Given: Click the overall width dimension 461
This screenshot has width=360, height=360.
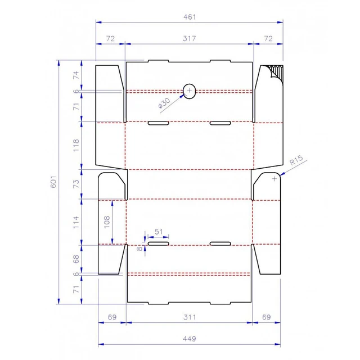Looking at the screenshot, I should (190, 17).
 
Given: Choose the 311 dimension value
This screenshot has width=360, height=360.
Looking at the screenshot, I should (190, 318).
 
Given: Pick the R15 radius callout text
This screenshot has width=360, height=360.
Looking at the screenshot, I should (296, 163).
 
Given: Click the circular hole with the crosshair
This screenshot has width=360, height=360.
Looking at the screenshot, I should (190, 91).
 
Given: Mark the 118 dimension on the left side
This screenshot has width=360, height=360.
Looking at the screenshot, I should (77, 145).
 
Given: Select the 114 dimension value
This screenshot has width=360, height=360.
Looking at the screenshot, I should (77, 222).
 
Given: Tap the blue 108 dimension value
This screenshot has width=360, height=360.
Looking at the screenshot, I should (107, 222).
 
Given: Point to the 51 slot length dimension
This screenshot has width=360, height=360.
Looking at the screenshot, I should (158, 231).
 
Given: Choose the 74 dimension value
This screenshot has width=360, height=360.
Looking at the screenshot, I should (77, 75).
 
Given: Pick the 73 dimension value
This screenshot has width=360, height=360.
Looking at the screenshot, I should (77, 184).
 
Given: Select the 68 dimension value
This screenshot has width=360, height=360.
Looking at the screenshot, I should (77, 259).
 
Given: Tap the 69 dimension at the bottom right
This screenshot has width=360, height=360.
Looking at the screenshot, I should (267, 318).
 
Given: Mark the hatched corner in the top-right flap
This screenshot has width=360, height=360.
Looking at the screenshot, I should (276, 73).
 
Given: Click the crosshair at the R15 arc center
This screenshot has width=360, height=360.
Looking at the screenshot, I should (274, 179).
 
